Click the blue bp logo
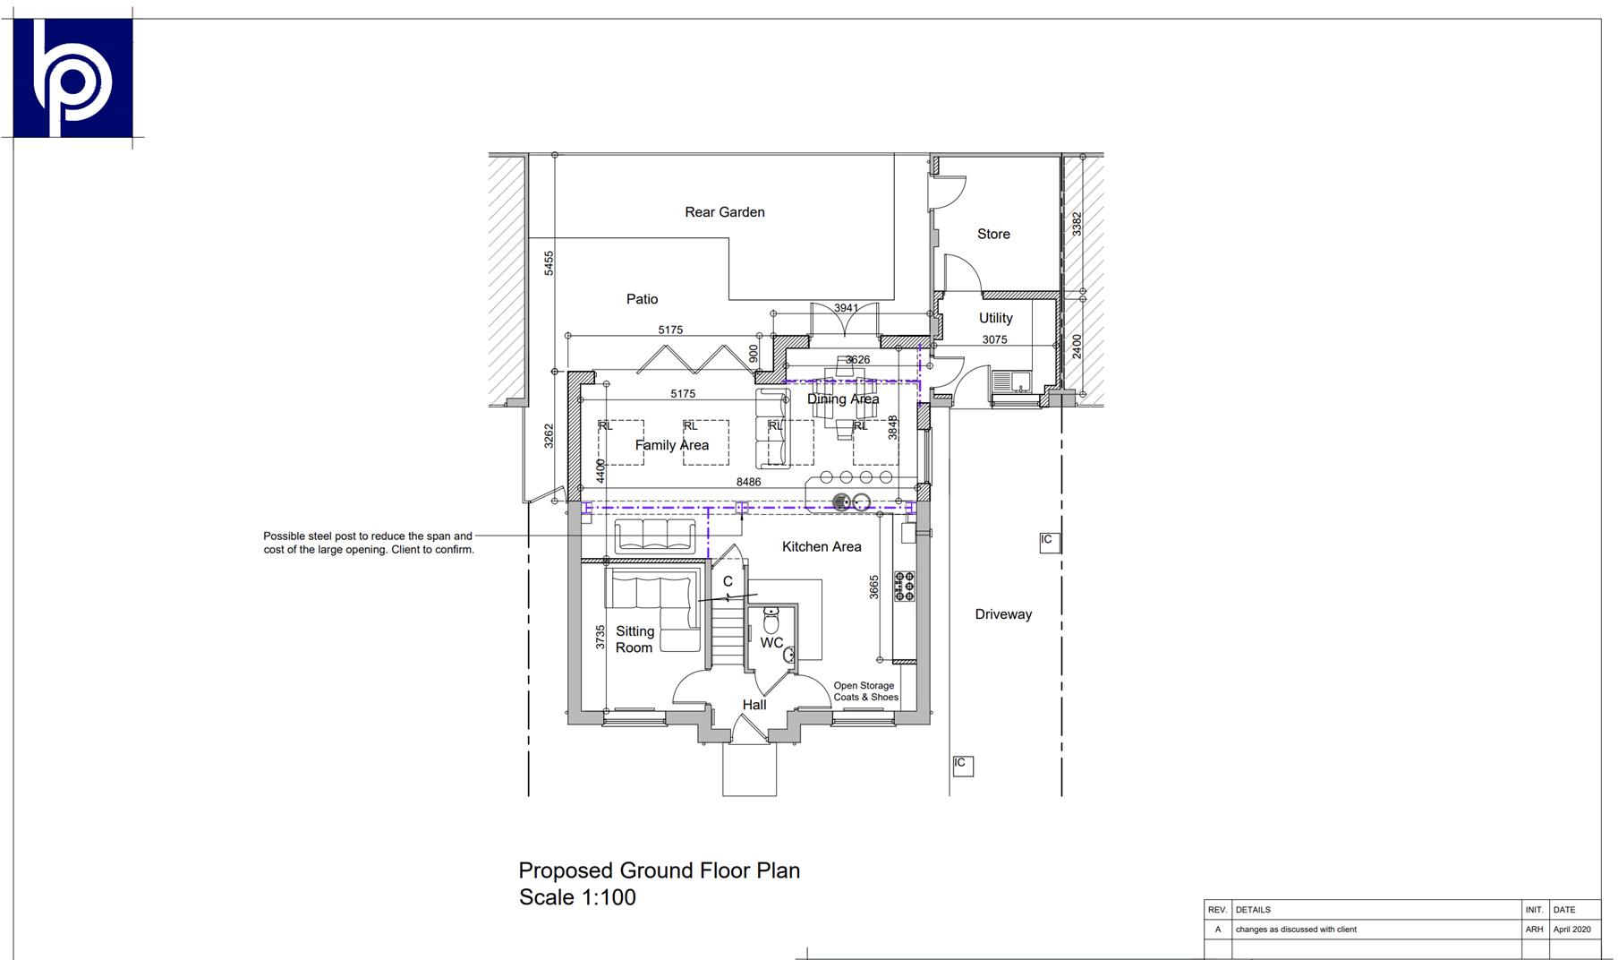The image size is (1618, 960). tap(72, 78)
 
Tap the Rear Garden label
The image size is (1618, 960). tap(724, 212)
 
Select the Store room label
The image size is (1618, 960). tap(992, 234)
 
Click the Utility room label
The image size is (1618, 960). tap(995, 318)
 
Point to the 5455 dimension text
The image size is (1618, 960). tap(549, 262)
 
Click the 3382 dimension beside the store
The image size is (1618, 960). tap(1077, 224)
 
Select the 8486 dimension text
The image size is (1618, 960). tap(748, 482)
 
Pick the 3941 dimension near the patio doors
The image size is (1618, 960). tap(846, 308)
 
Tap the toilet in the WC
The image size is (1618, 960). tap(771, 620)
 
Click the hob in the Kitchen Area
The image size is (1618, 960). tap(905, 586)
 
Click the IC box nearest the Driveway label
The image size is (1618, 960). tap(1049, 541)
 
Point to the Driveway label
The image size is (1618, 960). tap(1003, 614)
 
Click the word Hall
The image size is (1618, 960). tap(754, 705)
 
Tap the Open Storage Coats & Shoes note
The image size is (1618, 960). tap(864, 691)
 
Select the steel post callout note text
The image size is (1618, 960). tap(368, 543)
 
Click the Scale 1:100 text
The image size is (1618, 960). tap(577, 897)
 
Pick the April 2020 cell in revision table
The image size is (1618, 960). tap(1571, 930)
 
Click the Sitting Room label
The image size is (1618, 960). tap(634, 639)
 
